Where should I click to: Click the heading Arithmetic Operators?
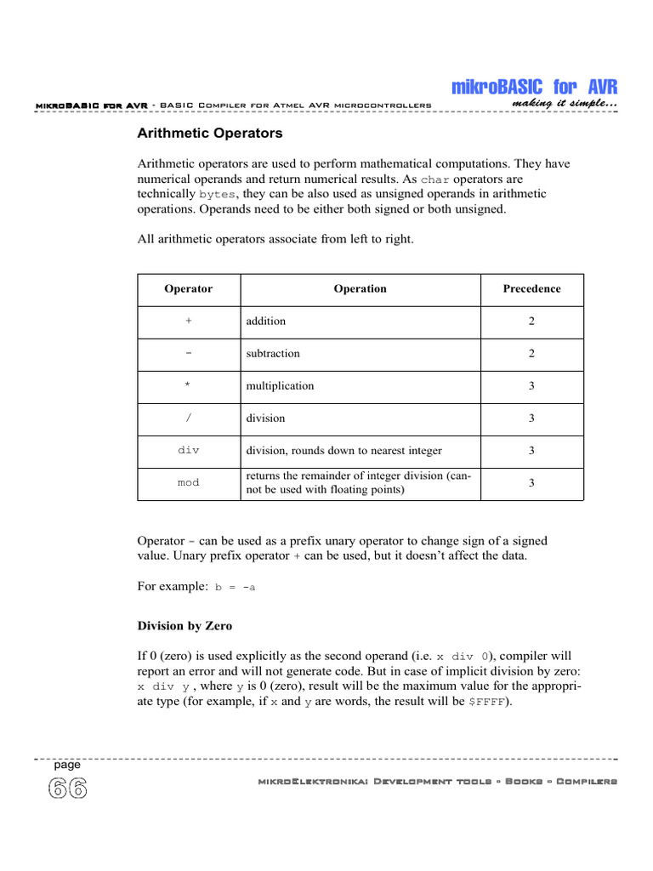point(210,134)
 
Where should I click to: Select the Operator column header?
point(188,288)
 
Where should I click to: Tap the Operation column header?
point(360,288)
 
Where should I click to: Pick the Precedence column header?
point(531,288)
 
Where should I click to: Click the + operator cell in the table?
point(188,322)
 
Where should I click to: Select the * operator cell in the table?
point(188,386)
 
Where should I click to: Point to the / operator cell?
point(188,418)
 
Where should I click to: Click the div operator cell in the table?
point(188,450)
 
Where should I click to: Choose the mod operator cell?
point(188,482)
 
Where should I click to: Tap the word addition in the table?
point(266,322)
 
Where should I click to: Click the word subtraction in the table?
point(273,353)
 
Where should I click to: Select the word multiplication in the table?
point(280,386)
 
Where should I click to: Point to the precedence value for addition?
point(531,322)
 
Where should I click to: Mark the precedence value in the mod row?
point(531,482)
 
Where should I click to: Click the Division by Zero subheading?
point(185,626)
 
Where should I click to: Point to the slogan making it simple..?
point(565,104)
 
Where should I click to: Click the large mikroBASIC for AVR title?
point(534,87)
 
